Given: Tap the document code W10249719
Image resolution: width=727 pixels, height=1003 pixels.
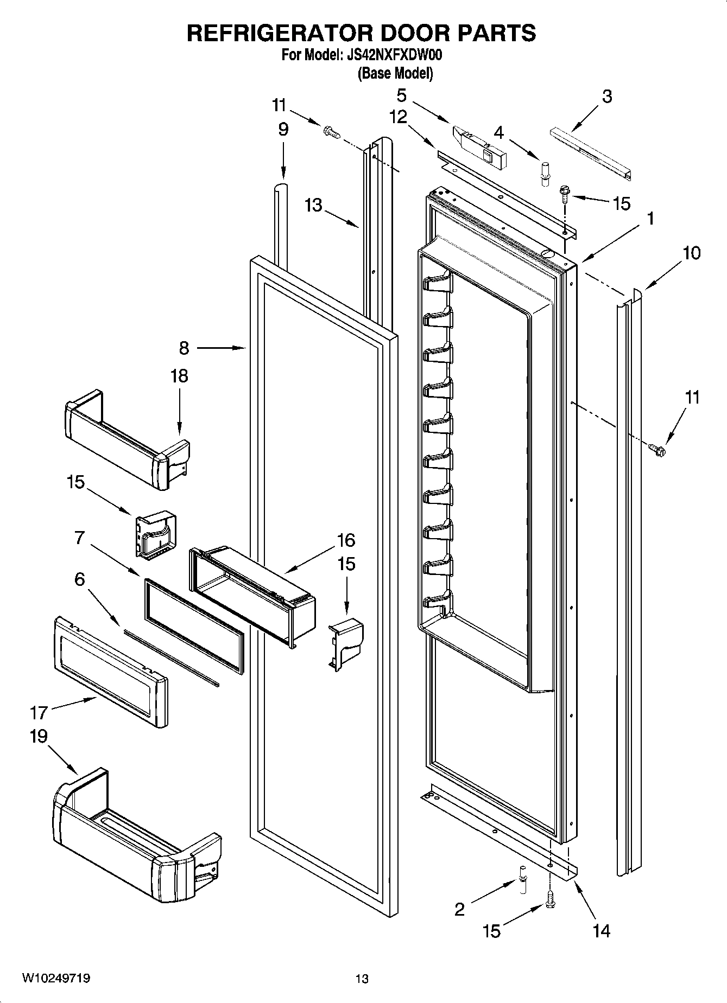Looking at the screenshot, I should point(56,978).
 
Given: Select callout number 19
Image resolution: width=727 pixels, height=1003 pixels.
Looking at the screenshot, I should point(39,736).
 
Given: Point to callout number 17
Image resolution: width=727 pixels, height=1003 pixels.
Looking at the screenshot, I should point(40,711).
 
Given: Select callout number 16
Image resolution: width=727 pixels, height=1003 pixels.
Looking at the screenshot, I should point(346,540).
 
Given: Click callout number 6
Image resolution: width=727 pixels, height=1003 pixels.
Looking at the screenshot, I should point(79,579).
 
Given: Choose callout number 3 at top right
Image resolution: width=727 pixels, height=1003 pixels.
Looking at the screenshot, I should point(607,97).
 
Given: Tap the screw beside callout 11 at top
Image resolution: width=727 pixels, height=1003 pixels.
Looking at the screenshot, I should point(330,132).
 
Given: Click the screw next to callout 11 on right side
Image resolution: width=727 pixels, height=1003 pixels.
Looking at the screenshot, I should point(657,449).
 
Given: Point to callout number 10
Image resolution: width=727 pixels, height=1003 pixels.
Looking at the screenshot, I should point(691,253).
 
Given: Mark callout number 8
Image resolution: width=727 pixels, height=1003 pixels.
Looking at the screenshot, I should point(184,348).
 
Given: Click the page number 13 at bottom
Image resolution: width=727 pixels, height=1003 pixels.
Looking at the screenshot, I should point(362,979).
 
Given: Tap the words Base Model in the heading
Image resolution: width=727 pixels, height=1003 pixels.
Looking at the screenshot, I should point(395,73).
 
